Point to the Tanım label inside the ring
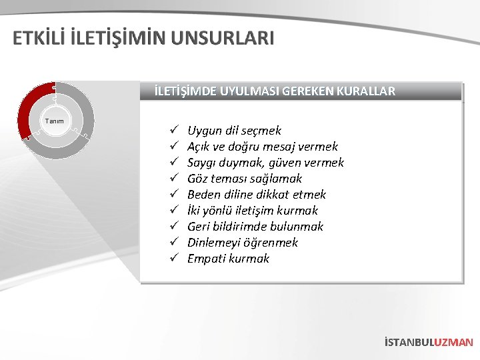pos(54,121)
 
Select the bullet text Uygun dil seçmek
pos(234,131)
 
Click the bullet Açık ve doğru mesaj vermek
pos(262,147)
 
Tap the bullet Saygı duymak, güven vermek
pos(265,163)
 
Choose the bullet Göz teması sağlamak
pos(244,179)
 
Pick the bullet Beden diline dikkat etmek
pos(256,195)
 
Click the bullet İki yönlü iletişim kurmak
pos(252,211)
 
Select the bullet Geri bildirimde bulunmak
pos(255,227)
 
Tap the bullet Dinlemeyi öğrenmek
pos(242,243)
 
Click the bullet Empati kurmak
pos(228,259)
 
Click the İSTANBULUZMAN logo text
pos(429,342)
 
